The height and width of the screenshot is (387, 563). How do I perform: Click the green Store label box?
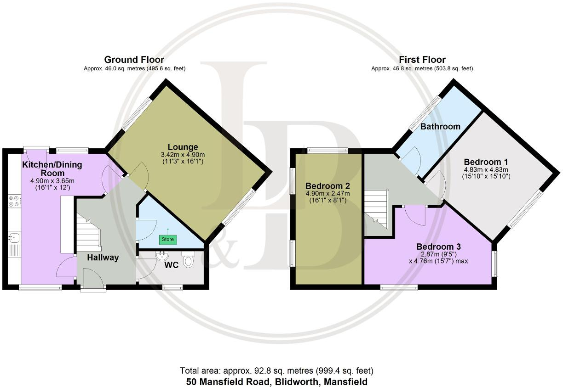click(168, 239)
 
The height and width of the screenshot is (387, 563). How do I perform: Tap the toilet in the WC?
click(188, 260)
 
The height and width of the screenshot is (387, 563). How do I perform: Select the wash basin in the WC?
click(162, 255)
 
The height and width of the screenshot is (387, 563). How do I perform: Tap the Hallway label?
click(103, 258)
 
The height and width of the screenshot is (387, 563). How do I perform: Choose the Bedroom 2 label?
click(327, 186)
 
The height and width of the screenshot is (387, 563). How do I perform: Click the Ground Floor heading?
click(134, 60)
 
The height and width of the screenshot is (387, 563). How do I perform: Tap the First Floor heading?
click(422, 60)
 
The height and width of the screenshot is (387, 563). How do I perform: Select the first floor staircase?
click(377, 209)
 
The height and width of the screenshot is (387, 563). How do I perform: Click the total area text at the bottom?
click(276, 370)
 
